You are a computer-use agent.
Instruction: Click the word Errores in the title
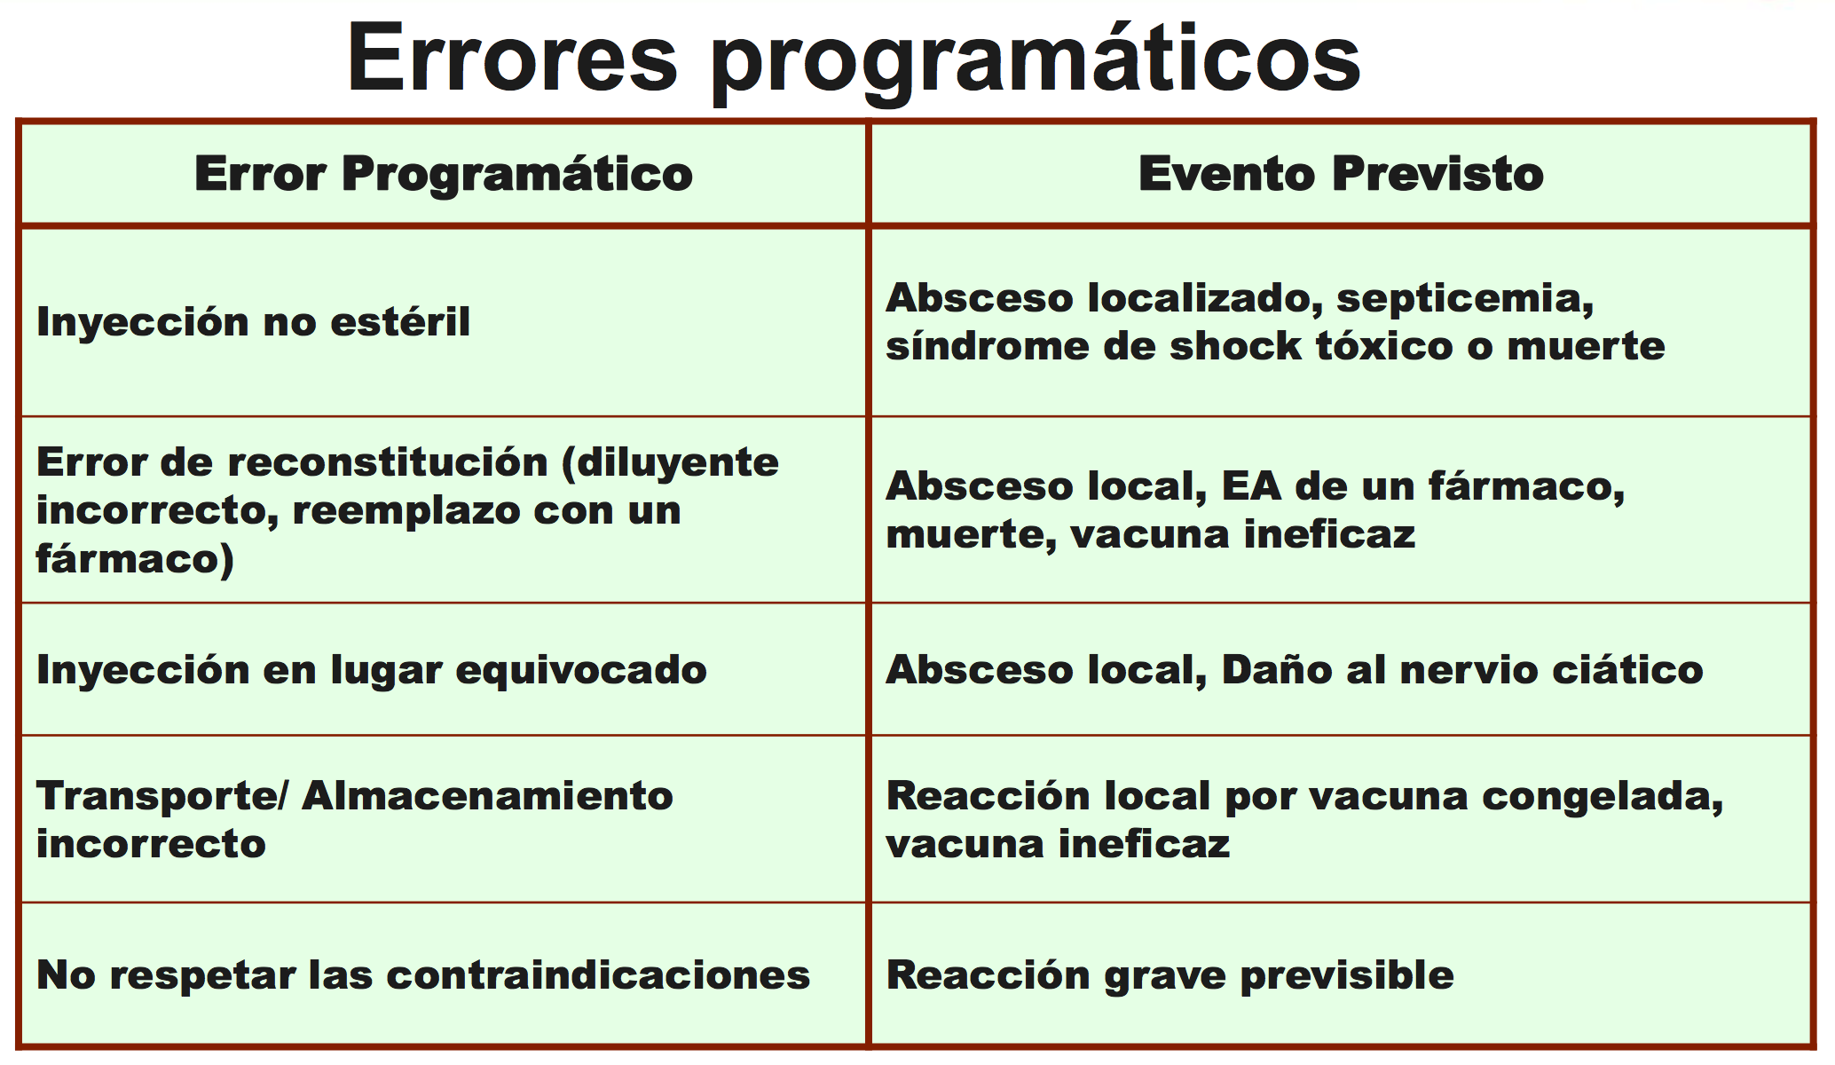[513, 59]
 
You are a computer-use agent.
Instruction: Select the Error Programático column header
[444, 174]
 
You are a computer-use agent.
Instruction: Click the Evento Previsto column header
[1341, 173]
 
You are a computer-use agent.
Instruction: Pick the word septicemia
[1465, 299]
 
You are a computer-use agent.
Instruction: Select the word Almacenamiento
[487, 796]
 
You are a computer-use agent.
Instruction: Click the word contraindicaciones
[598, 974]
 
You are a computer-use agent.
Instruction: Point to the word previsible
[1347, 976]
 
